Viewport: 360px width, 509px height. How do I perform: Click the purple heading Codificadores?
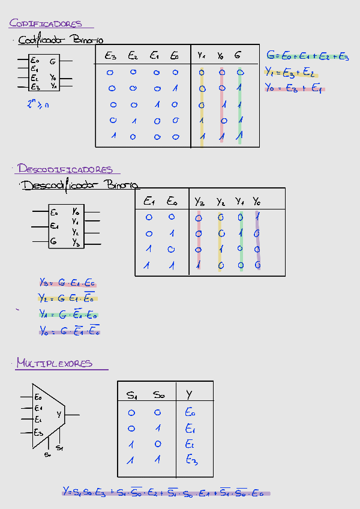coord(46,24)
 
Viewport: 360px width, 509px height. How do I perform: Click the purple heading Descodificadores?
coord(65,169)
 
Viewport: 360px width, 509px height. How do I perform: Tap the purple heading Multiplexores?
coord(54,363)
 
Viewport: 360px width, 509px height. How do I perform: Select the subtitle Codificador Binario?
coord(61,40)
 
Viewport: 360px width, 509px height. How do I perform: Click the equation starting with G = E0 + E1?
coord(307,56)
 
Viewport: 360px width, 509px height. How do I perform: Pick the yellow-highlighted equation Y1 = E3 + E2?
coord(290,73)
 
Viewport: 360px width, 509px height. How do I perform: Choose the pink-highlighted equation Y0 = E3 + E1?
coord(294,88)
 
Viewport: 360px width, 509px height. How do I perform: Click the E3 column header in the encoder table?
coord(110,56)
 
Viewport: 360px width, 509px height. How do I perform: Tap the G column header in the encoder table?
coord(238,56)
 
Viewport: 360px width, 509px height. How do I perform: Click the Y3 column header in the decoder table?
coord(199,201)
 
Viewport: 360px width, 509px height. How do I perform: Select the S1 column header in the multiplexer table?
coord(132,395)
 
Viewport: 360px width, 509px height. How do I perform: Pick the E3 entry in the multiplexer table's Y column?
coord(192,460)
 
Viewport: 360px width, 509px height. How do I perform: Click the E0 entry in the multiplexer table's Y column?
coord(191,412)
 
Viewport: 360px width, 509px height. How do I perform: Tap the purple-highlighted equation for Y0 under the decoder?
coord(69,330)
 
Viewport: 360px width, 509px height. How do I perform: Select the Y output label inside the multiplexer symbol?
coord(59,414)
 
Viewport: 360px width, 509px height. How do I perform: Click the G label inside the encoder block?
coord(53,61)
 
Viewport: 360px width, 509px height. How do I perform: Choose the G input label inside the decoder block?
coord(53,241)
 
